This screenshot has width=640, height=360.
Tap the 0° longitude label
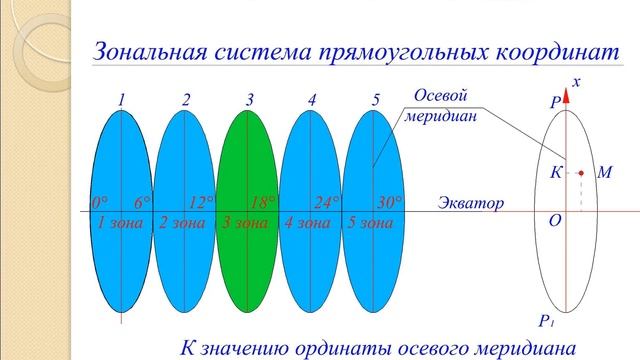(x=100, y=202)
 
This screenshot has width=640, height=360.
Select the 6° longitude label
(x=143, y=202)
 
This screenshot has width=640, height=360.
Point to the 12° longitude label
(x=202, y=202)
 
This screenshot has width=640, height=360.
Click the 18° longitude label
(x=263, y=202)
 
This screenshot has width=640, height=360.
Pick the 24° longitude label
(x=327, y=202)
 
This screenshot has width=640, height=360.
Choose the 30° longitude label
(x=389, y=202)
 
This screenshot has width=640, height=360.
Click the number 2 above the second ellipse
(x=186, y=100)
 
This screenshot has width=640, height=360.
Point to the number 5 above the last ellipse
(x=375, y=100)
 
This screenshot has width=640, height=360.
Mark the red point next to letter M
(x=580, y=174)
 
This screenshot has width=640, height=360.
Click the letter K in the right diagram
(x=555, y=172)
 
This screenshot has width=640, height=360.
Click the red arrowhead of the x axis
(x=566, y=96)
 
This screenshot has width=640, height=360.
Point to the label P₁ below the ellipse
(x=546, y=320)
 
